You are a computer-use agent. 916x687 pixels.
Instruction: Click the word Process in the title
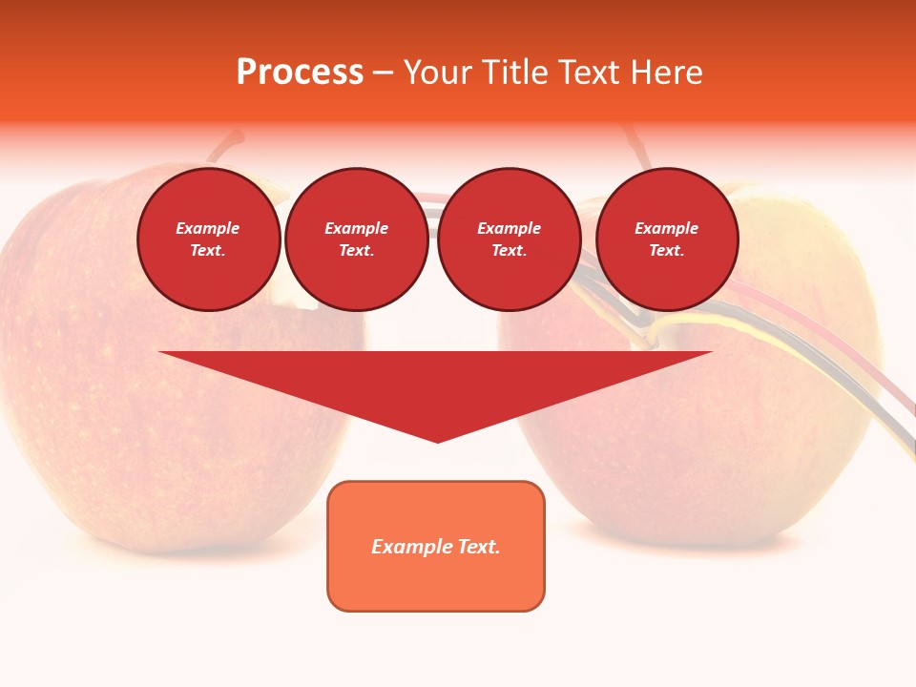pyautogui.click(x=300, y=73)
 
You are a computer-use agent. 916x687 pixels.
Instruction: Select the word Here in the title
pyautogui.click(x=667, y=73)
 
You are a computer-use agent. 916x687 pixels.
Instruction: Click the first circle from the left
pyautogui.click(x=208, y=239)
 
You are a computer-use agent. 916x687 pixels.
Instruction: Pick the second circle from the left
pyautogui.click(x=356, y=239)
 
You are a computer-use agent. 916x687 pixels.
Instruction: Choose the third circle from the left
pyautogui.click(x=509, y=239)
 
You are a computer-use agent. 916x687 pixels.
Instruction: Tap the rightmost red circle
pyautogui.click(x=666, y=239)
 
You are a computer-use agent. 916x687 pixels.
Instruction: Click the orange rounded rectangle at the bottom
pyautogui.click(x=436, y=546)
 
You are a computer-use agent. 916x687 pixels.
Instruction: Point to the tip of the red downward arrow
pyautogui.click(x=437, y=440)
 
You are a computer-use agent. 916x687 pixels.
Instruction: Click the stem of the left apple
pyautogui.click(x=227, y=146)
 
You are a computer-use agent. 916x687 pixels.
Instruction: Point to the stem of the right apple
pyautogui.click(x=635, y=145)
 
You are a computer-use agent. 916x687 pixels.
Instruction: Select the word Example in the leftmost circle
pyautogui.click(x=208, y=228)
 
